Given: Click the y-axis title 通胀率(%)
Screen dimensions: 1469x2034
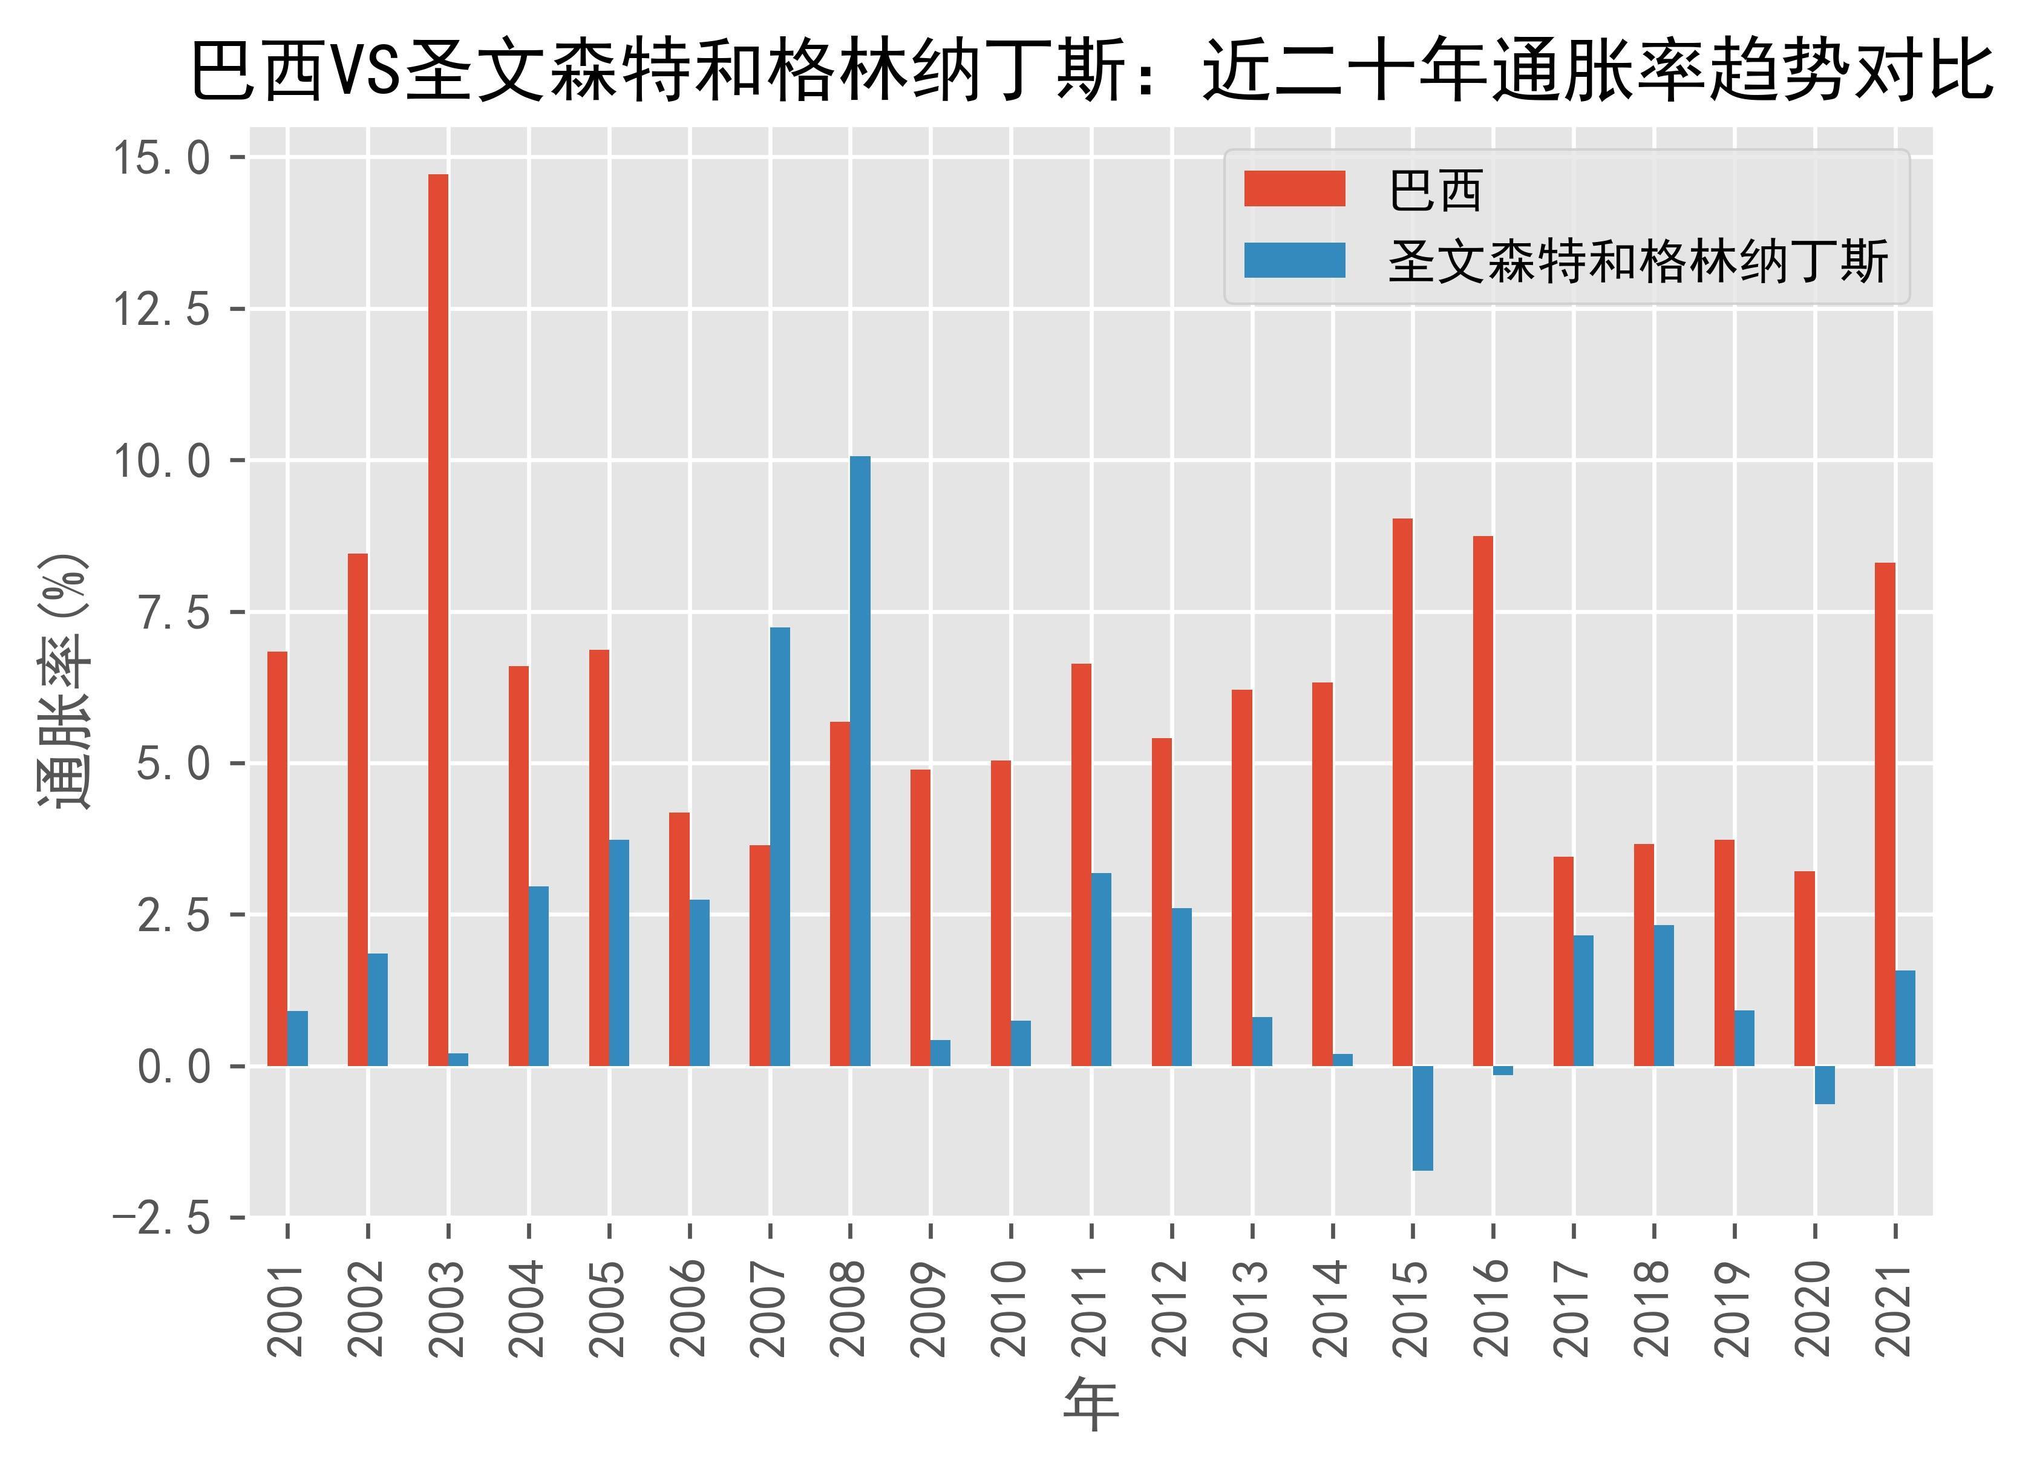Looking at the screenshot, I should pos(65,682).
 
